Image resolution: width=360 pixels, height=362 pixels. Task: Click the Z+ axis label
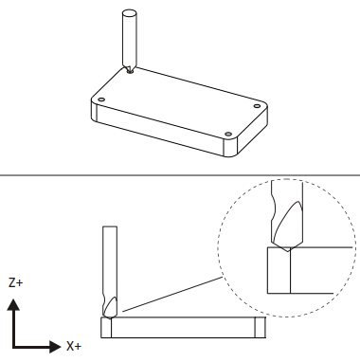15,282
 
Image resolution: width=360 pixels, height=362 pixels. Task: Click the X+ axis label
74,346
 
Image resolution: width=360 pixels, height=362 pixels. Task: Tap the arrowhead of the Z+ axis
13,304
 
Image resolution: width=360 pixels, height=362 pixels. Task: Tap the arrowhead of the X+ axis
55,347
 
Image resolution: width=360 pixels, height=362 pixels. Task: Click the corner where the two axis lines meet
14,347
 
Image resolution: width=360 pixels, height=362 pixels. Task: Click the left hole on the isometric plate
101,100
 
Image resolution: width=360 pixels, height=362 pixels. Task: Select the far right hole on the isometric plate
257,106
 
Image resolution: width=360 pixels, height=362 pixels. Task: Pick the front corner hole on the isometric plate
228,135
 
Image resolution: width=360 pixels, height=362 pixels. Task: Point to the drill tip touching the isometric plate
130,71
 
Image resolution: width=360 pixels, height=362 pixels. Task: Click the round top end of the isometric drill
130,13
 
